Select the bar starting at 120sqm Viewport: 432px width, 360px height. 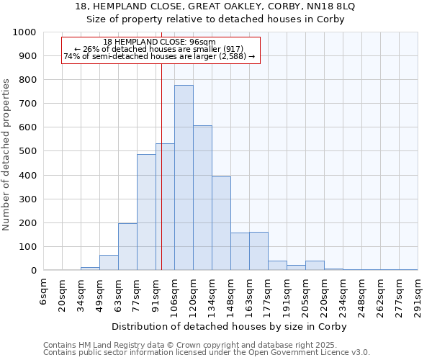pyautogui.click(x=202, y=198)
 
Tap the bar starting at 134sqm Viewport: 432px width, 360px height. pyautogui.click(x=221, y=223)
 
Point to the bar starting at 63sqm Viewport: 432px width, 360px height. pyautogui.click(x=127, y=247)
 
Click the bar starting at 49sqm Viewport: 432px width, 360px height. pyautogui.click(x=109, y=263)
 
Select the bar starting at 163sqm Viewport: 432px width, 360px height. pyautogui.click(x=258, y=251)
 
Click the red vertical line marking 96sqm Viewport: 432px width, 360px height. pyautogui.click(x=162, y=180)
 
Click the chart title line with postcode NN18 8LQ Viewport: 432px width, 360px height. pyautogui.click(x=215, y=6)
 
